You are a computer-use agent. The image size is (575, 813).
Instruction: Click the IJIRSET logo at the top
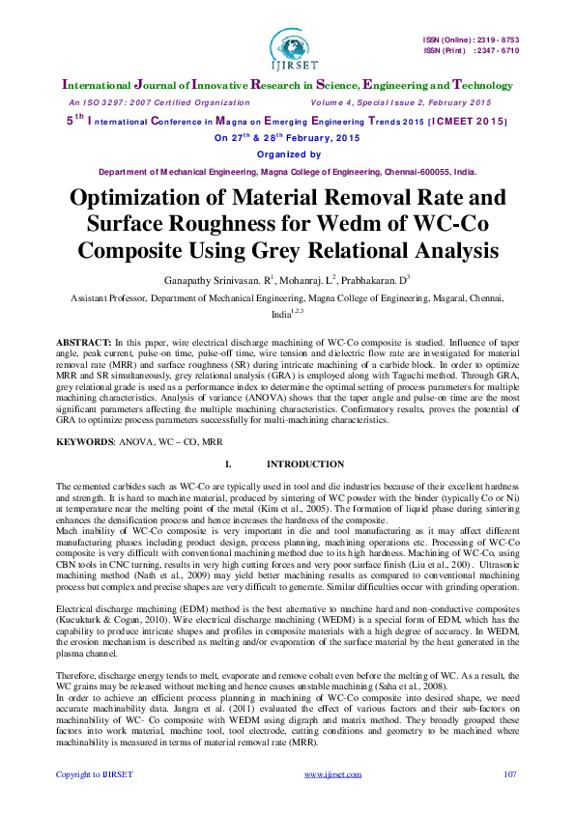pos(286,46)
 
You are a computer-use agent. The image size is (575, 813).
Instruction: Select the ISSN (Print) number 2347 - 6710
pos(495,50)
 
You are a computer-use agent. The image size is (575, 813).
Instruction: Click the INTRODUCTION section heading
pos(304,464)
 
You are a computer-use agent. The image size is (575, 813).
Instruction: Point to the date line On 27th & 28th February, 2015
pos(286,138)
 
